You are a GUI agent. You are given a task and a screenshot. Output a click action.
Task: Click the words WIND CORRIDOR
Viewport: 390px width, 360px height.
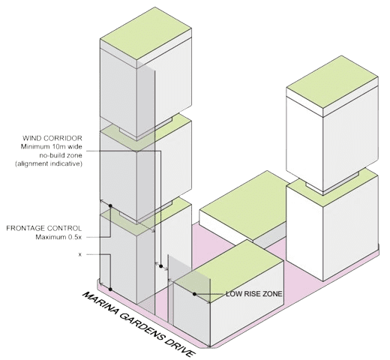coord(52,138)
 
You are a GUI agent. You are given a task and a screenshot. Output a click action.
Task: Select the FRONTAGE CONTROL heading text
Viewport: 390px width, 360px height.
coord(44,228)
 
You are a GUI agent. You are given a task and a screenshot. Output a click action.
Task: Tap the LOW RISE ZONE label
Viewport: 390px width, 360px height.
coord(254,294)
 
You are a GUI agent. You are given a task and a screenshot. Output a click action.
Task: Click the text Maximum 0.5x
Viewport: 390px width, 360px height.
coord(58,237)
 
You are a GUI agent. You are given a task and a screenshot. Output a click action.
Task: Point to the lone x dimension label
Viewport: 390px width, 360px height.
coord(80,255)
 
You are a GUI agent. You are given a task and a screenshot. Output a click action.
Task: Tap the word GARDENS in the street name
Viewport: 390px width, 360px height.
coord(141,325)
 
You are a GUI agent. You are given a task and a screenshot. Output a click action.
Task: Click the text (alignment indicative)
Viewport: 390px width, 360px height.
coord(49,164)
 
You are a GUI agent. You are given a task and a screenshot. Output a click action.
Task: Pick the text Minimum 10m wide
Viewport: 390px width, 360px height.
coord(52,147)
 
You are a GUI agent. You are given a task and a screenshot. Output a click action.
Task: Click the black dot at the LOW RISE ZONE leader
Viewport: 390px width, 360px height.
coord(194,294)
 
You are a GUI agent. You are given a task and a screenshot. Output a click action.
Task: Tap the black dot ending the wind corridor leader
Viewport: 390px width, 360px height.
coord(161,266)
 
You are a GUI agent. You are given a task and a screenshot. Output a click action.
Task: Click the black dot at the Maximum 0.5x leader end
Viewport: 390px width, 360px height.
coord(110,205)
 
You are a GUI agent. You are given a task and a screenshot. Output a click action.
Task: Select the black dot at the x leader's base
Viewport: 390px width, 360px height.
coord(110,289)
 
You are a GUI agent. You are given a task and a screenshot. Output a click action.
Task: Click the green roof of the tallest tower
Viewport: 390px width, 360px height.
coord(145,33)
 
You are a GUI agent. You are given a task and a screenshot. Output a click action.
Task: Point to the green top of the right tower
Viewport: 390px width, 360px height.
coord(332,82)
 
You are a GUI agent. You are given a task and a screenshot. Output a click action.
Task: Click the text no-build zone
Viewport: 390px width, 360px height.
coord(61,155)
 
